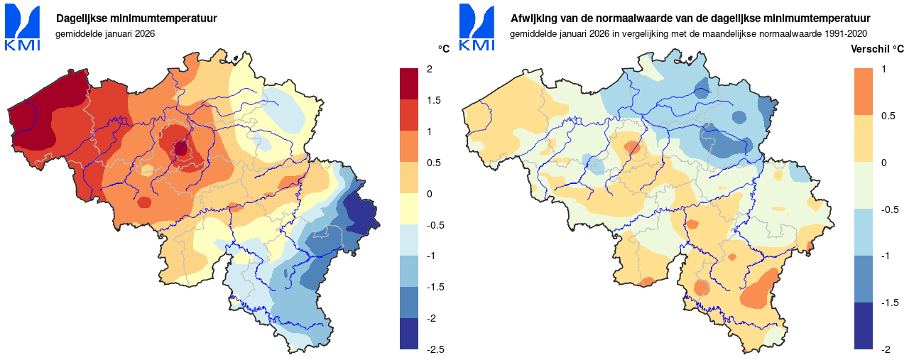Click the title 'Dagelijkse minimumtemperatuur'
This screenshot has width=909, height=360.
137,18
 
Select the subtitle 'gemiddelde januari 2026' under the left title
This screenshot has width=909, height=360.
105,33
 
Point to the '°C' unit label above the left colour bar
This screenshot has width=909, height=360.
444,49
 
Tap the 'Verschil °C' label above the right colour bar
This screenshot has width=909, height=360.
877,49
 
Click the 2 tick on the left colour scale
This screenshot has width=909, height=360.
430,69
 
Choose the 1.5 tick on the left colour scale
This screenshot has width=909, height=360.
432,100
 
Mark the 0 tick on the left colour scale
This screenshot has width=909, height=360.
430,194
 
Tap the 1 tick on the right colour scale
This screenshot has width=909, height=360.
883,69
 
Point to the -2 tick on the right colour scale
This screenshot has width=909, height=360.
886,349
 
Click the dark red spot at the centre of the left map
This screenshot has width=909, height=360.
180,149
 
